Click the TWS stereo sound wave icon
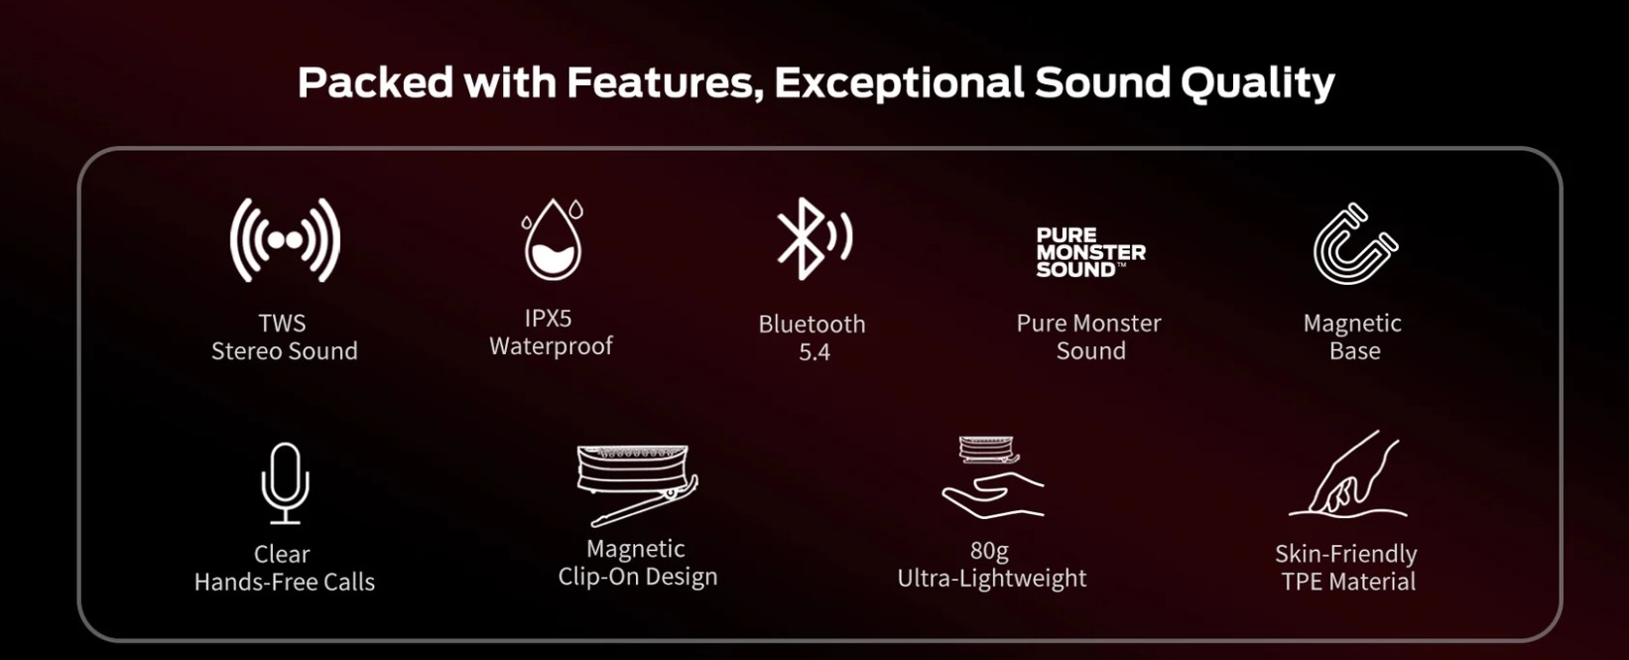[285, 240]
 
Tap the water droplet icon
[553, 239]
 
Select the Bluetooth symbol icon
[814, 238]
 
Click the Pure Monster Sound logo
[1090, 252]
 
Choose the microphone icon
[285, 483]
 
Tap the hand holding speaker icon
[992, 476]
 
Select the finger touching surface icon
[1347, 473]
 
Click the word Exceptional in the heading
[899, 82]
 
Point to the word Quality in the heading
[1257, 82]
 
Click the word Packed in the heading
[375, 81]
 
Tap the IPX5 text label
[549, 318]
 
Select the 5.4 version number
[814, 352]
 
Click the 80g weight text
[989, 551]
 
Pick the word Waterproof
[552, 346]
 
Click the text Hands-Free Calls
[285, 583]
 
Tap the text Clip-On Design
[638, 577]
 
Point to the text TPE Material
[1348, 582]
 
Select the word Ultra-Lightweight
[992, 579]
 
